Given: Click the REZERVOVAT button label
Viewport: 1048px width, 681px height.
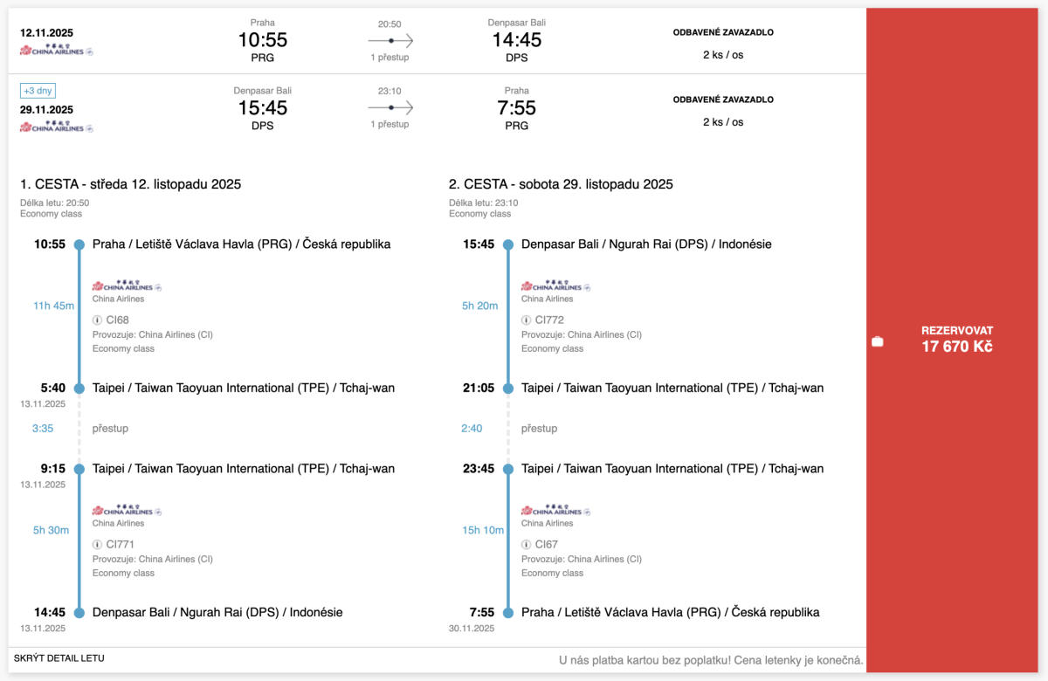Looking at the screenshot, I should tap(956, 331).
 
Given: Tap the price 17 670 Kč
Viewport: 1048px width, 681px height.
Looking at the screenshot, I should tap(956, 347).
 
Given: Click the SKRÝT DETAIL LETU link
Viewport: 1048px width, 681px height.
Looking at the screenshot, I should tap(59, 658).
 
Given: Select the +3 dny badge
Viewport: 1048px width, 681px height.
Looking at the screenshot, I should tap(38, 91).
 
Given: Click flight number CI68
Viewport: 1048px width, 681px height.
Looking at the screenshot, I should tap(117, 320).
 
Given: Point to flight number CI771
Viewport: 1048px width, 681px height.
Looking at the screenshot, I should tap(120, 544).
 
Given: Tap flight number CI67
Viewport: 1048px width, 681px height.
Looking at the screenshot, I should tap(546, 544).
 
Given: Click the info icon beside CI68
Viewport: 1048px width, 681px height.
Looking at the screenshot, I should tap(98, 320).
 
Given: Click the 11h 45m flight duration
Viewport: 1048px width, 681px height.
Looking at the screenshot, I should tap(53, 306).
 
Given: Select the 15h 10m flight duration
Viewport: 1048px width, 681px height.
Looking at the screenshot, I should tap(482, 530).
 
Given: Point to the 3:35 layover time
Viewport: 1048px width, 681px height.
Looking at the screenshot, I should tap(43, 429).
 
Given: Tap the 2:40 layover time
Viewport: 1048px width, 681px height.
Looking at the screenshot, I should tap(472, 429).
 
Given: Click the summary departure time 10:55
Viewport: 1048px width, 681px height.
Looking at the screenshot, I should tap(262, 40).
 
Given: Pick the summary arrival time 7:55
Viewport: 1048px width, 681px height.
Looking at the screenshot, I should tap(516, 108).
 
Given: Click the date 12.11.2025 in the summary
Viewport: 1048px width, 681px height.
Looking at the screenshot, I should tap(46, 33).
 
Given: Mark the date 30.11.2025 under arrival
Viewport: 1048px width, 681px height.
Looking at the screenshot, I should tap(471, 628).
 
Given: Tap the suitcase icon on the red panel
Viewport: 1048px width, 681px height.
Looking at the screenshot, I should tap(878, 341).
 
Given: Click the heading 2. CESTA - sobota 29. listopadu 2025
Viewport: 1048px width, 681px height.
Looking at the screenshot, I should tap(561, 184).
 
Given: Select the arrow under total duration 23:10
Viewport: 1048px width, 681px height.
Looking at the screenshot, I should tap(390, 107).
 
